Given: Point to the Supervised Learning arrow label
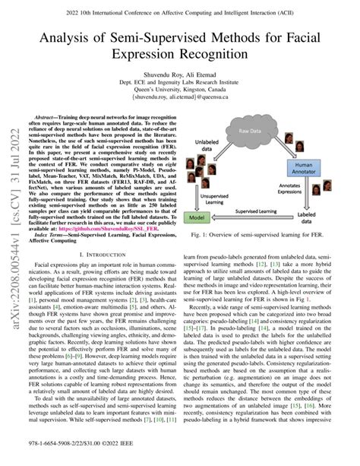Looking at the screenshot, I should (x=258, y=211).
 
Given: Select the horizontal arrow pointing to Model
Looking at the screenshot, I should (x=258, y=218).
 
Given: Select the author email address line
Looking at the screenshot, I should (x=179, y=97).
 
